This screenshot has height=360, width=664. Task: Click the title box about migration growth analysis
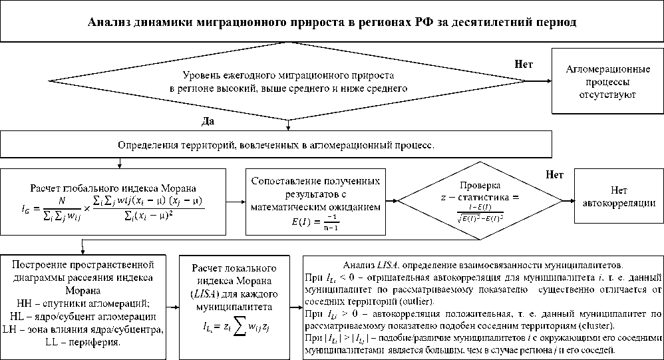[332, 22]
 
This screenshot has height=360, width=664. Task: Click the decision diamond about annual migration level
[287, 81]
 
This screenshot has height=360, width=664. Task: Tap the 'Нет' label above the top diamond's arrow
[524, 64]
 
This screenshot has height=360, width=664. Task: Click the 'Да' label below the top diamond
[208, 122]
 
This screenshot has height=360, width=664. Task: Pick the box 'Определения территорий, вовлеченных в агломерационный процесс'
[276, 144]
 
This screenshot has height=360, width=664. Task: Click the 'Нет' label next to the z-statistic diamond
[554, 176]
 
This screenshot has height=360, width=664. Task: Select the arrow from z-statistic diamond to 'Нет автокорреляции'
[566, 200]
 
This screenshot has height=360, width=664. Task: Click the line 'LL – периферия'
[83, 342]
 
